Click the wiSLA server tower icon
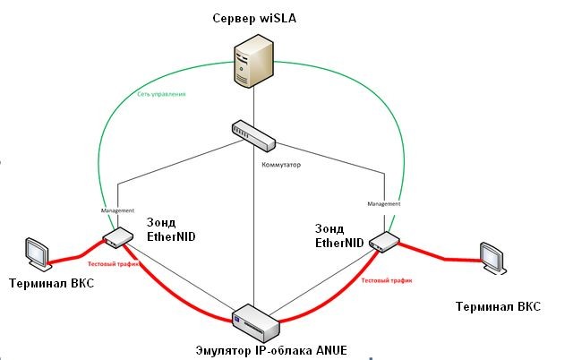[252, 62]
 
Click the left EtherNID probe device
[116, 238]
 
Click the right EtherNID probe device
[382, 240]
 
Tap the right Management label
[385, 203]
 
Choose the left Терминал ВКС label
[51, 284]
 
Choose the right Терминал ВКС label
[498, 306]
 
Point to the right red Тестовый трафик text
[387, 280]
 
